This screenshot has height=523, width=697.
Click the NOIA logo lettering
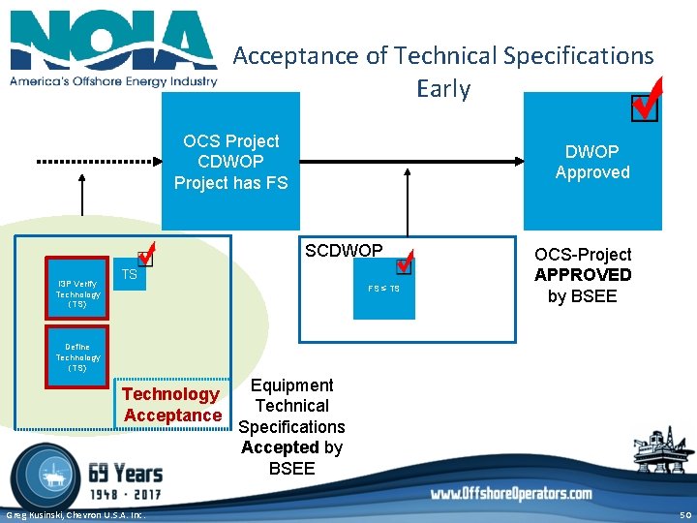[x=113, y=41]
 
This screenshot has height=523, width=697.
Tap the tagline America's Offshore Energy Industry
[x=113, y=81]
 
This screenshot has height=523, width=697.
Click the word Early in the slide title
[x=442, y=89]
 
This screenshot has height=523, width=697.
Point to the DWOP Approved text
[x=592, y=162]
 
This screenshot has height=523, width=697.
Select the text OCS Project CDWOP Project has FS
[x=230, y=162]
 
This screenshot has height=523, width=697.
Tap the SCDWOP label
[x=344, y=251]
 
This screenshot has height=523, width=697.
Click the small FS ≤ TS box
[x=383, y=290]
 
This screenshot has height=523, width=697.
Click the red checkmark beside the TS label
[x=146, y=257]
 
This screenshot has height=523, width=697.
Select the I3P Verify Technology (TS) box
[x=77, y=293]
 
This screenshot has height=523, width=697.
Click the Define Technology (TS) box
[x=77, y=357]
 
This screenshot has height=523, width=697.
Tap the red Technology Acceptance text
[x=172, y=405]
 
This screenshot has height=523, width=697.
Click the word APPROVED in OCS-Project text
[x=583, y=275]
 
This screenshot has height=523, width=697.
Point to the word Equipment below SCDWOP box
[x=291, y=385]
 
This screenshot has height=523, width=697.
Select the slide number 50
[x=684, y=514]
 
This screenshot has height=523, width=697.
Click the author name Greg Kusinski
[x=39, y=514]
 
